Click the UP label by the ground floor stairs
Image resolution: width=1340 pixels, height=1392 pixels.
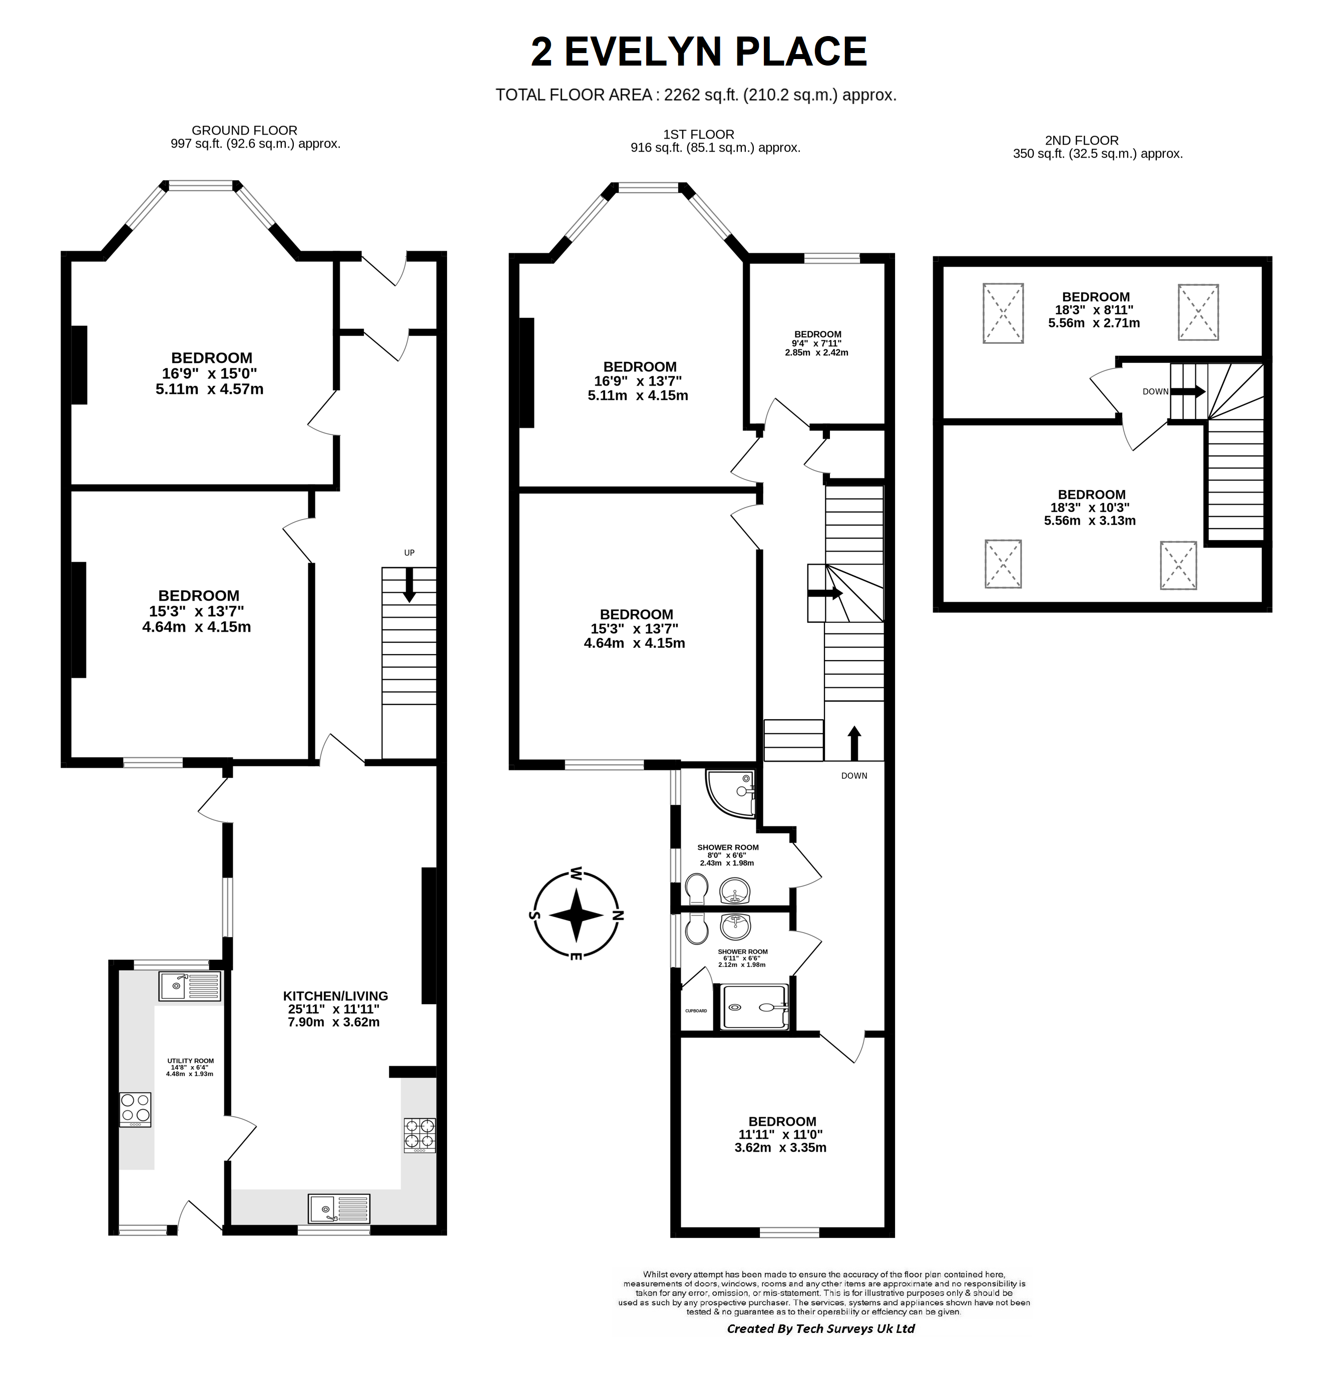(409, 553)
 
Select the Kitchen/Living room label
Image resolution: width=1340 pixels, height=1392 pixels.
(335, 1009)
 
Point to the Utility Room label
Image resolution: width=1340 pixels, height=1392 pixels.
(190, 1067)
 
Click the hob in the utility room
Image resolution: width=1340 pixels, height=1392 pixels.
(135, 1109)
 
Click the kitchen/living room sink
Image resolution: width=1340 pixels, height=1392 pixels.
(339, 1208)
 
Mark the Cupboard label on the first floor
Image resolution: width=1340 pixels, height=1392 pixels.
(696, 1011)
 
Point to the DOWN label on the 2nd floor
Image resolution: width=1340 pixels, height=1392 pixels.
(1155, 391)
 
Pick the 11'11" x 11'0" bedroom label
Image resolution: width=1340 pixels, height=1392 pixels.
(782, 1134)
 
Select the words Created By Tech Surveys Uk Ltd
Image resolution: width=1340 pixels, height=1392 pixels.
(820, 1328)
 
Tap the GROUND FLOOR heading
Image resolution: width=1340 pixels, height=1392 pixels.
(244, 130)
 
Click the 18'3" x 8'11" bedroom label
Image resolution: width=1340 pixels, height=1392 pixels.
(1094, 310)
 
